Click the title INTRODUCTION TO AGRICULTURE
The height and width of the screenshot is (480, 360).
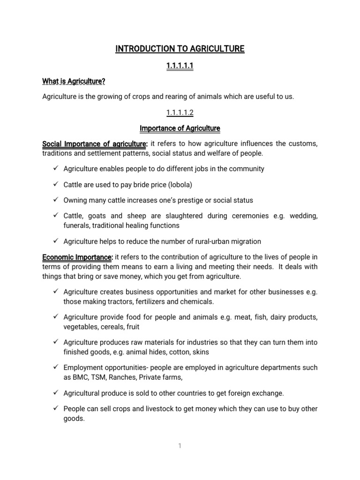tap(180, 49)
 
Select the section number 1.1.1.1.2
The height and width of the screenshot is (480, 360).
tap(180, 112)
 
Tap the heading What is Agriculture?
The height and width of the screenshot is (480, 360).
tap(74, 82)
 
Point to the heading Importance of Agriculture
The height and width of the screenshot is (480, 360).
tap(180, 128)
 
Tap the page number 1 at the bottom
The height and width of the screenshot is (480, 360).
tap(180, 446)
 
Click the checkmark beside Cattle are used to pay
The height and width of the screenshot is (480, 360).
tap(55, 184)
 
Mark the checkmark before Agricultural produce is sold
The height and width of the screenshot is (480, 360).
tap(55, 393)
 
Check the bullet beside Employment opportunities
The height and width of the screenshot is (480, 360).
tap(55, 367)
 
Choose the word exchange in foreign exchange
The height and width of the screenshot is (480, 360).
tap(268, 393)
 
